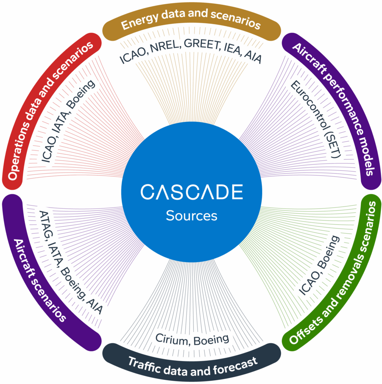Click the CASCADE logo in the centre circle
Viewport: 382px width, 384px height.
click(x=192, y=192)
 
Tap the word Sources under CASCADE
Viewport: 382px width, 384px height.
click(x=192, y=216)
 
